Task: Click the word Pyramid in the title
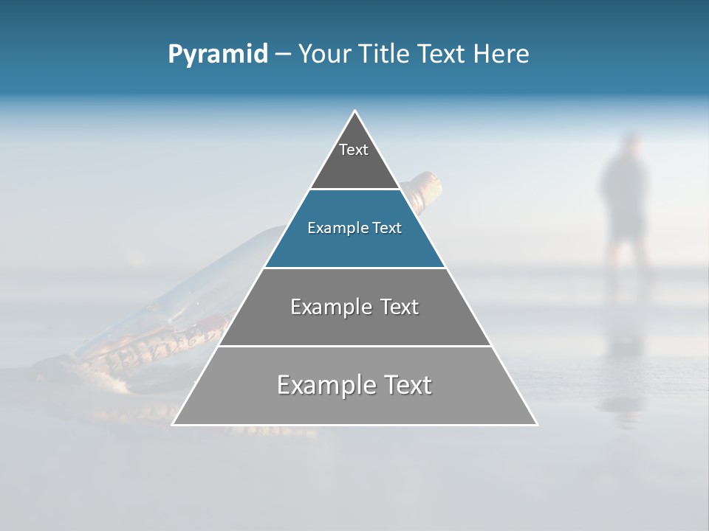[217, 55]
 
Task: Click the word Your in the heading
[323, 55]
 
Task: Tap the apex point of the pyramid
[355, 111]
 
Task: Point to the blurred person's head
[630, 144]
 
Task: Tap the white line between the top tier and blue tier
[354, 190]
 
